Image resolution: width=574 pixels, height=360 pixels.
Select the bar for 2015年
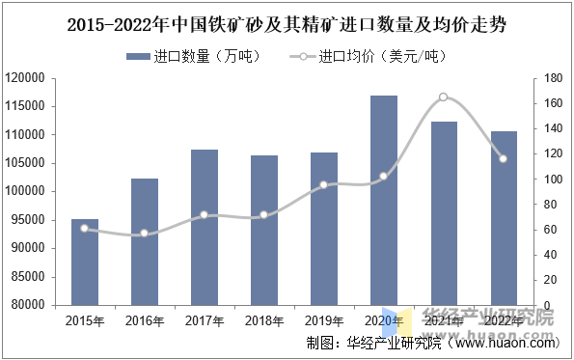(85, 262)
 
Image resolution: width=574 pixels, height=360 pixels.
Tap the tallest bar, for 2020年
(383, 200)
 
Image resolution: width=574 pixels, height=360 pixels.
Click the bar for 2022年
(503, 217)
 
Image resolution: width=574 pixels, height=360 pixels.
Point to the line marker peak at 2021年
(443, 97)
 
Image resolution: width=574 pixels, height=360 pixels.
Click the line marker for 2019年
(323, 184)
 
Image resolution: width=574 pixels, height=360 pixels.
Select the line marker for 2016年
(145, 233)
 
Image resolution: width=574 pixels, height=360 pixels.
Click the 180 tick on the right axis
(552, 78)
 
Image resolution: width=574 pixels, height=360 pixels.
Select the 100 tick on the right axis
(552, 179)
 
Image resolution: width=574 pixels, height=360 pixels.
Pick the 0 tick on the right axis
(546, 305)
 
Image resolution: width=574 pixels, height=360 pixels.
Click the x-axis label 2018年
(263, 320)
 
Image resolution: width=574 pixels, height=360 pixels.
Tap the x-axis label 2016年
(145, 320)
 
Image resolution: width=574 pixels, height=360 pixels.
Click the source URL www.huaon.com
(505, 343)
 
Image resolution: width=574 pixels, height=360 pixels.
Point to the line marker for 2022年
(503, 158)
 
